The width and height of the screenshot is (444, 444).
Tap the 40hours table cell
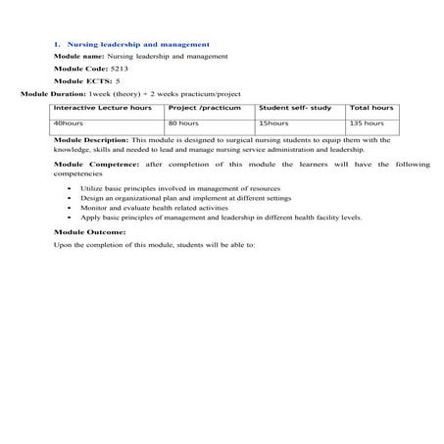tap(69, 124)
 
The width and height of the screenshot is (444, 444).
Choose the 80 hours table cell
tap(183, 124)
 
